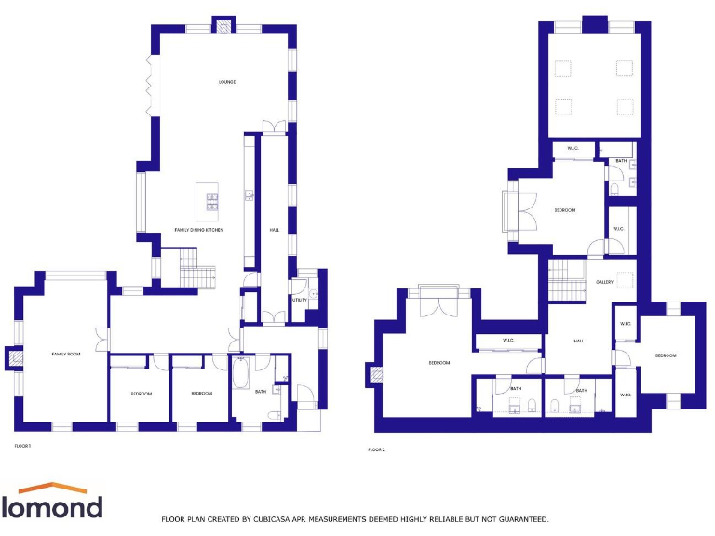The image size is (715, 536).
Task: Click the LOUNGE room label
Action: coord(226,82)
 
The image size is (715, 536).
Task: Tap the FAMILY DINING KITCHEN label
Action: coord(199,230)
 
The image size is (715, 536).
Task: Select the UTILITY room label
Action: coord(299,300)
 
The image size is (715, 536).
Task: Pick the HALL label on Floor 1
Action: coord(275,230)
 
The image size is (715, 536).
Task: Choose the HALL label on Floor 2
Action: coord(579,341)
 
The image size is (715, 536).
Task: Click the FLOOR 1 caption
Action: coord(22,446)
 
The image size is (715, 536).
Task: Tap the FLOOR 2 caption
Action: coord(376,449)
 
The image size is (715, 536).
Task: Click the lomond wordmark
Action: coord(52,507)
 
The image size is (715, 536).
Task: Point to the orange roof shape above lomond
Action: coord(52,489)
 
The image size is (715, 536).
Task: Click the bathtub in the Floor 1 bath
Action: coord(240,379)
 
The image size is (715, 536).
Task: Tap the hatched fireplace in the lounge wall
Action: coord(223,25)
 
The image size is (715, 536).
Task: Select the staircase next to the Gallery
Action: coord(565,279)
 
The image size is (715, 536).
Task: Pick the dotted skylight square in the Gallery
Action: coord(626,278)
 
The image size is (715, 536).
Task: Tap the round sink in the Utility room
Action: coord(313,294)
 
